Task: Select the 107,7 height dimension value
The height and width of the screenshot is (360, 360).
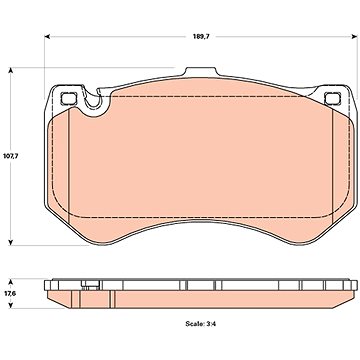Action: (x=11, y=156)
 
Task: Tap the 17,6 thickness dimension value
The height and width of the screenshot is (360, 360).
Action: (x=9, y=294)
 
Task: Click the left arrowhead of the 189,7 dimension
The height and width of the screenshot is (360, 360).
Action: (x=47, y=36)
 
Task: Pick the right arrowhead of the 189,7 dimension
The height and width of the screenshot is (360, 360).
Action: (x=355, y=36)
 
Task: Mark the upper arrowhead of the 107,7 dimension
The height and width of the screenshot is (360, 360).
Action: (x=11, y=70)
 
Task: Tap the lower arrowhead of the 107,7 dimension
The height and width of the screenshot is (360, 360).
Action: (x=11, y=242)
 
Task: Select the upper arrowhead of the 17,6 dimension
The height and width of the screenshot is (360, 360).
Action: (x=11, y=282)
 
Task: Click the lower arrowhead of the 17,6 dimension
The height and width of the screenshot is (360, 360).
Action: (x=11, y=306)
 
